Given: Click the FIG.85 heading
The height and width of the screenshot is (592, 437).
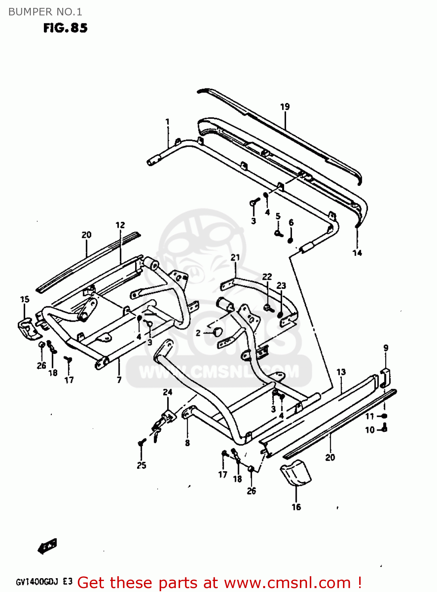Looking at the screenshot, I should click(65, 28).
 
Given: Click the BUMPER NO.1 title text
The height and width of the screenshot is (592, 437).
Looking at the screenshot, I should click(45, 12).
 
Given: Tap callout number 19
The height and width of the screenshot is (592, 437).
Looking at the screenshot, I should click(285, 107).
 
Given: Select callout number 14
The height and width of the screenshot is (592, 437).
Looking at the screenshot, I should click(357, 253).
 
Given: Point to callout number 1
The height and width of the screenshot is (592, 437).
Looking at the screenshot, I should click(168, 122).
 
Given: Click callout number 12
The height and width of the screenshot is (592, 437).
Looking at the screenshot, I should click(120, 225).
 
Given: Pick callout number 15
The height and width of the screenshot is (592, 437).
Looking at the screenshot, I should click(24, 300).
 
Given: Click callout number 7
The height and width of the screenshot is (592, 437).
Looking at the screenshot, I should click(119, 380).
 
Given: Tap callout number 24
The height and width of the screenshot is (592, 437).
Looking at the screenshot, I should click(168, 392).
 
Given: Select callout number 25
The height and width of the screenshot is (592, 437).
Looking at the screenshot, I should click(141, 465).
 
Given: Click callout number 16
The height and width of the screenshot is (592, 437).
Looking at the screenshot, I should click(296, 507).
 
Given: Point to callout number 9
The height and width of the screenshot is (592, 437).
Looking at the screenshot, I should click(386, 348).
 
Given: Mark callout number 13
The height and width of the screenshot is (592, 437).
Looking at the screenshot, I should click(341, 372).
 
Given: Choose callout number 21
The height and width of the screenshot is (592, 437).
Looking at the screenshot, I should click(235, 257).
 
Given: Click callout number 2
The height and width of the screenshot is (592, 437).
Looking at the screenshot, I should click(198, 333).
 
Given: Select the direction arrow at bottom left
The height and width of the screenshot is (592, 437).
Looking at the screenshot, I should click(47, 546).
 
